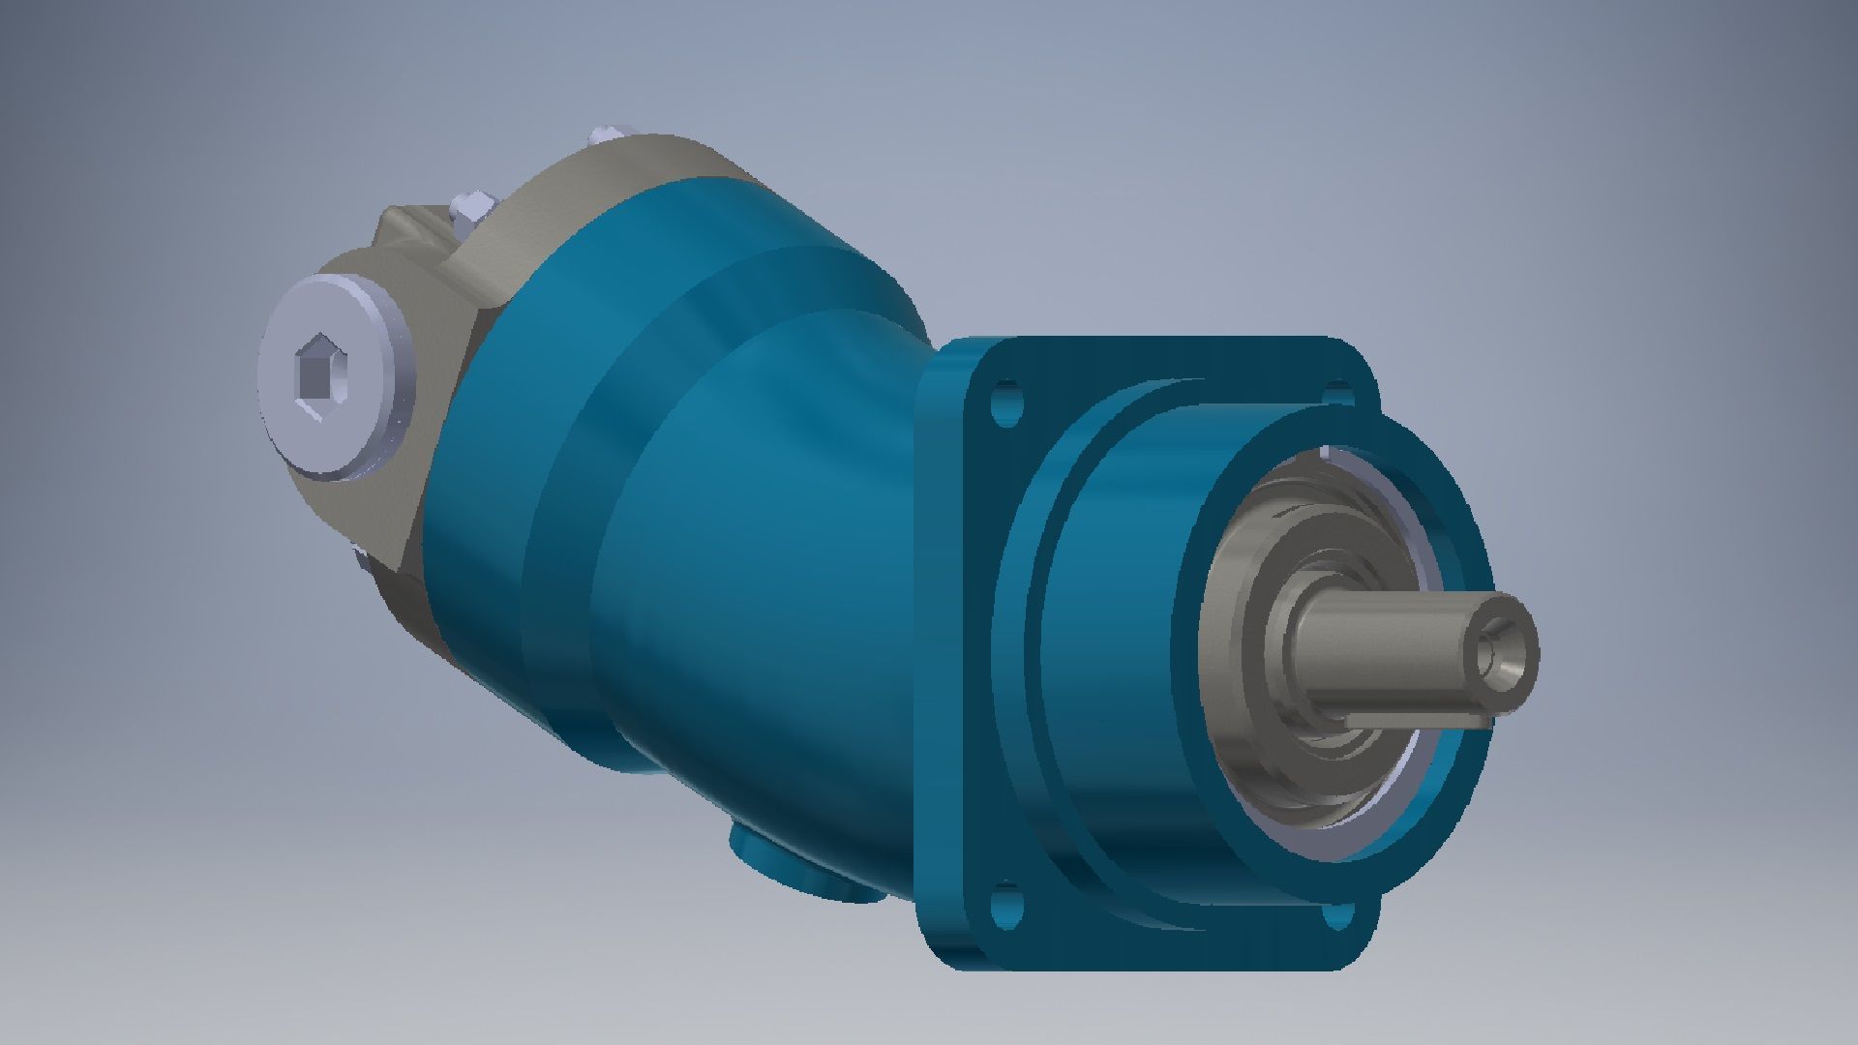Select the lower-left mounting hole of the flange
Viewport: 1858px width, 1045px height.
pos(1006,906)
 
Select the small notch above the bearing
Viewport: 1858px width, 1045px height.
pos(1328,453)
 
